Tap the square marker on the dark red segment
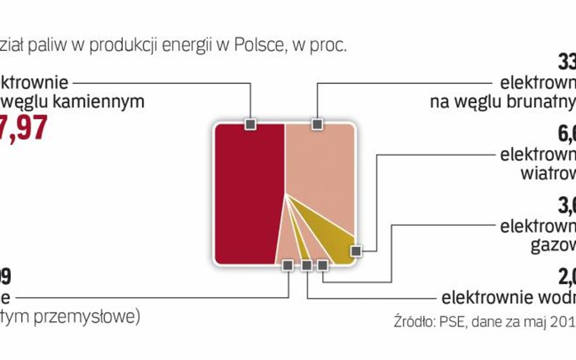tap(250, 124)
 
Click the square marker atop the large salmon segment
tap(316, 124)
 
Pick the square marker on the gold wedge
tap(356, 250)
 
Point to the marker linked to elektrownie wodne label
tap(307, 265)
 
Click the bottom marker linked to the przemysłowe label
tap(288, 265)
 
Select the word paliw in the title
tap(52, 47)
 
